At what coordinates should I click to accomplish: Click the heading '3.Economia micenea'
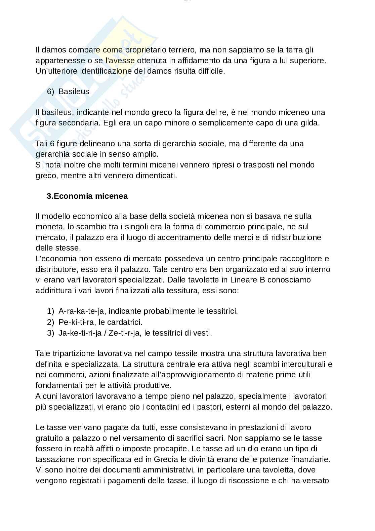pos(87,196)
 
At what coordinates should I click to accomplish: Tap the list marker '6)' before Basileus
pos(50,91)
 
